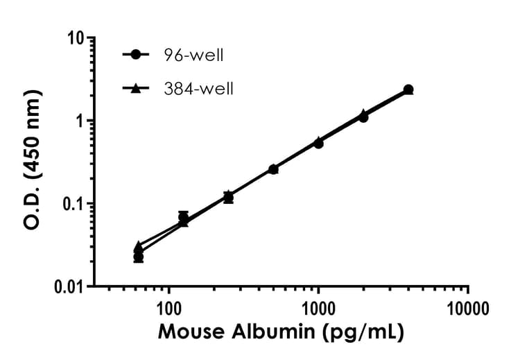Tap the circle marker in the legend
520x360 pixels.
137,54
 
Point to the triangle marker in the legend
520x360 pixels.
137,88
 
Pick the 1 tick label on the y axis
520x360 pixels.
80,121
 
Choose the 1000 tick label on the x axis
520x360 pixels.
318,307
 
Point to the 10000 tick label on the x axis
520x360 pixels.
468,307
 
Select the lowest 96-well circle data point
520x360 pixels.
139,257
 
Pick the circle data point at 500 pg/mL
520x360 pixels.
273,169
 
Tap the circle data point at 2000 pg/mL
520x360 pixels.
363,117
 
